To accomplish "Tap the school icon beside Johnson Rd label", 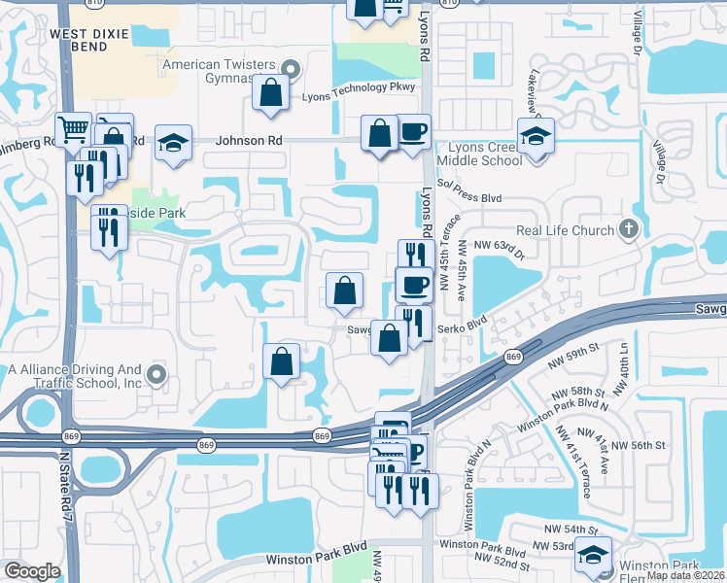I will tap(173, 142).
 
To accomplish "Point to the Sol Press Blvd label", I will tap(469, 197).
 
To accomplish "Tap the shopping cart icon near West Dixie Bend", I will tap(74, 129).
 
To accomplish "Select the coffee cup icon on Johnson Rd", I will tap(413, 132).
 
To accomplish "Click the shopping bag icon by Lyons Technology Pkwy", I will tap(270, 93).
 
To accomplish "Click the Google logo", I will tap(32, 571).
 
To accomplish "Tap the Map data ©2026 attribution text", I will tap(684, 575).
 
